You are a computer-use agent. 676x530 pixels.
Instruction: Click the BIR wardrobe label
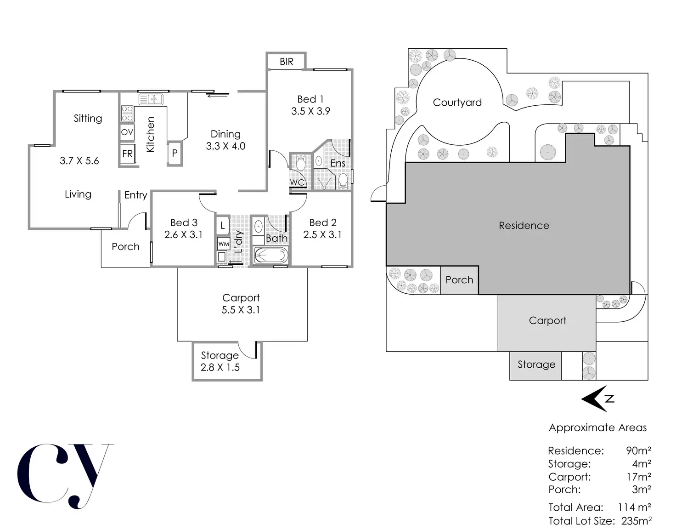click(x=286, y=62)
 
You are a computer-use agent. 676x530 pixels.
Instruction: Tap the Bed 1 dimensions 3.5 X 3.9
click(x=310, y=111)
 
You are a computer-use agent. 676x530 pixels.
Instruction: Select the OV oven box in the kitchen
click(x=127, y=132)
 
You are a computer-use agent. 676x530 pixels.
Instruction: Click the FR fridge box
click(x=127, y=154)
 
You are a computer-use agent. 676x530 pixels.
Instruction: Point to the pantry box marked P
click(x=175, y=154)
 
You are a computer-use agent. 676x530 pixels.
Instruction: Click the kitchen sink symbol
click(x=151, y=99)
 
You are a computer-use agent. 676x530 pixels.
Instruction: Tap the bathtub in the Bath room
click(x=270, y=255)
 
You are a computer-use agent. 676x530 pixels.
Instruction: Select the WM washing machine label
click(x=223, y=244)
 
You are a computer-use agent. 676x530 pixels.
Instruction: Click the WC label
click(x=297, y=182)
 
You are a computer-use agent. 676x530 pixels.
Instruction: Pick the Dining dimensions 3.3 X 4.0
click(x=225, y=146)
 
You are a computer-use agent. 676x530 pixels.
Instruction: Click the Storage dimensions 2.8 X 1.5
click(x=220, y=367)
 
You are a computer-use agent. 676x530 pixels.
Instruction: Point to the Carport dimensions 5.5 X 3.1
click(x=241, y=310)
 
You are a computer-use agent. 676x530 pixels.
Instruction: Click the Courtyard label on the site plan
click(x=457, y=103)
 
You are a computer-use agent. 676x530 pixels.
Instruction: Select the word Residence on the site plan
click(x=524, y=226)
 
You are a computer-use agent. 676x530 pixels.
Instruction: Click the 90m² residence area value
click(x=638, y=450)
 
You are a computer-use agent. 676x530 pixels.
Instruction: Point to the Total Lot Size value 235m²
click(x=636, y=521)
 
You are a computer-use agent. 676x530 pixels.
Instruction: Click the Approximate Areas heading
click(x=597, y=427)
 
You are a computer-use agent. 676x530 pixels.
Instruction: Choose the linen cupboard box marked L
click(x=223, y=225)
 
